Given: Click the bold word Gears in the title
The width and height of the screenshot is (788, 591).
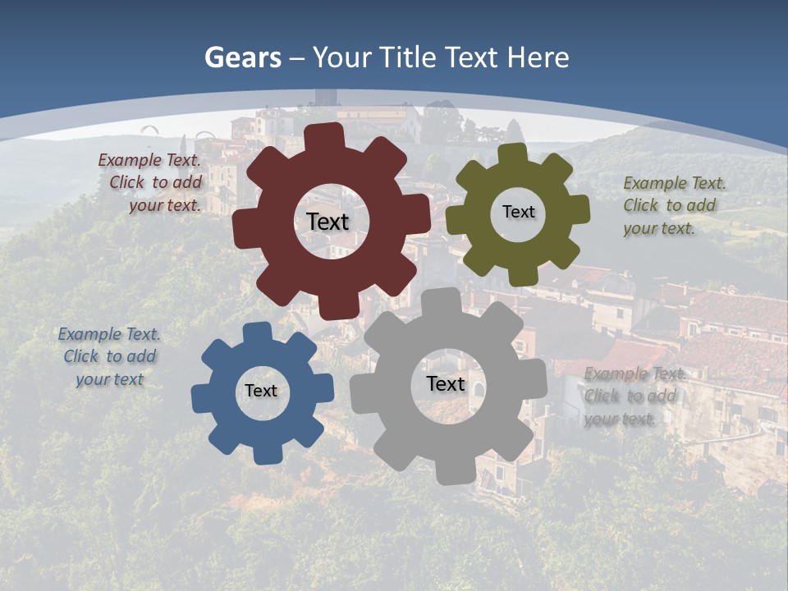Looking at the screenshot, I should click(241, 57).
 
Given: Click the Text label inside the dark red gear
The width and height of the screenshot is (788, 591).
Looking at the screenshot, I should click(328, 222).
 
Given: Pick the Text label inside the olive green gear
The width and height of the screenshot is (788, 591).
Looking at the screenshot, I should click(518, 212).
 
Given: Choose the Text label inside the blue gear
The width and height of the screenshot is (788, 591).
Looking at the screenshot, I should click(261, 391).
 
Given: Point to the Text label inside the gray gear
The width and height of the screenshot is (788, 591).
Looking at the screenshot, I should click(446, 383).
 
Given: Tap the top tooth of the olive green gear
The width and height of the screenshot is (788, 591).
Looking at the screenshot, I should click(511, 153).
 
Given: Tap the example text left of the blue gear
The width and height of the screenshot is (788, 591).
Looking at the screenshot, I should click(109, 356).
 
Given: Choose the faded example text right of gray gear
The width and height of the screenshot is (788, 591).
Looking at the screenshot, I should click(633, 396).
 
